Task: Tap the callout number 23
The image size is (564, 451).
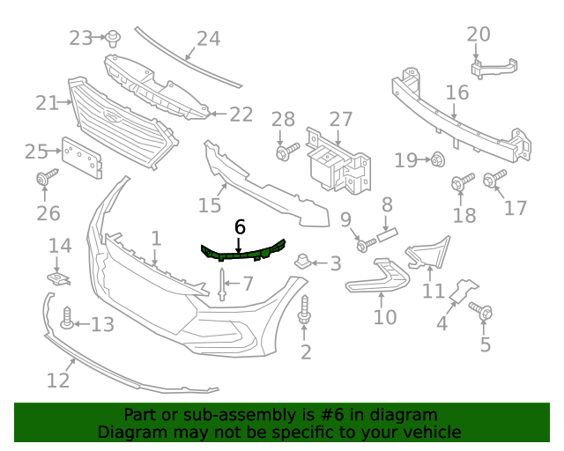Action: pos(81,38)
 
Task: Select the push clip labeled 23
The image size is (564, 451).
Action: pos(113,37)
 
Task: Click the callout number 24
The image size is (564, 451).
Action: pos(208,39)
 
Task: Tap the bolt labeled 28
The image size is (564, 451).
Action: pos(285,153)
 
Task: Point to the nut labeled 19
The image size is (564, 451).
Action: pos(436,159)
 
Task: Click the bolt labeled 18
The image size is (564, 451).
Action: pos(459,183)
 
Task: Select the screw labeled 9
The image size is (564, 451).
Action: pos(363,243)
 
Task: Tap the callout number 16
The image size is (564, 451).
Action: pos(456,92)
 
